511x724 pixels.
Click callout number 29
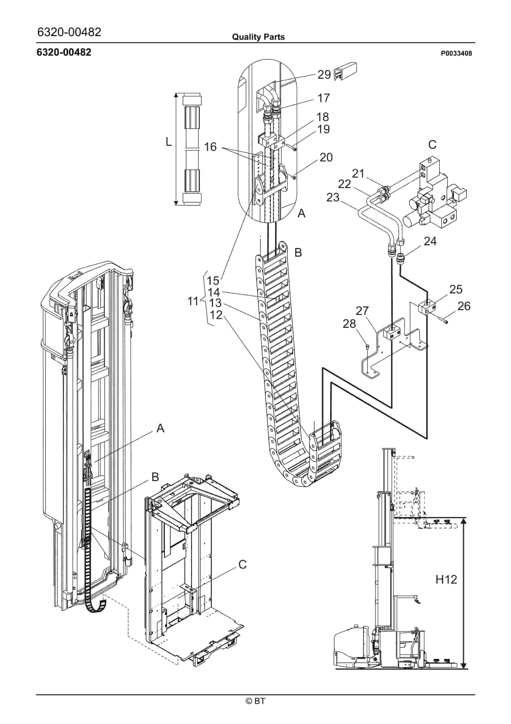coord(324,75)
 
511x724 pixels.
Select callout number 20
coord(326,157)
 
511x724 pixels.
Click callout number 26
coord(464,306)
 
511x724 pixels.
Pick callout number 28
coord(349,324)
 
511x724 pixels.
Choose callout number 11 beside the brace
coord(193,301)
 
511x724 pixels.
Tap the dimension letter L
coord(169,142)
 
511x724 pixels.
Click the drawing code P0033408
coord(456,54)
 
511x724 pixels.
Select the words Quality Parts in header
coord(258,37)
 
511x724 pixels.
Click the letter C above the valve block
coord(432,145)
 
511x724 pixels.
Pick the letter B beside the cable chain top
coord(298,252)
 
